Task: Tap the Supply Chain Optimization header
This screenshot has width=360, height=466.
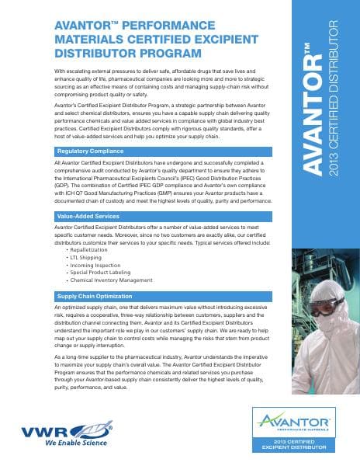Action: coord(95,297)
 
